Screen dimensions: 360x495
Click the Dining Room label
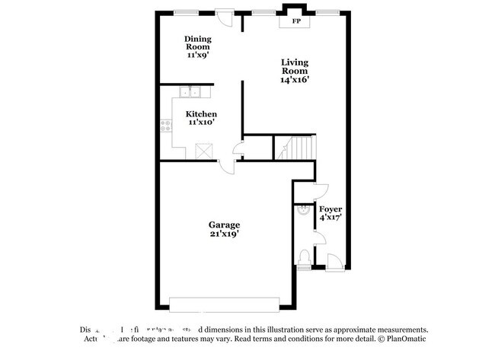pos(198,43)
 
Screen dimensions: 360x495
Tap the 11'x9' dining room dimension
pos(198,55)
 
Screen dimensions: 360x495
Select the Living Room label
pos(295,66)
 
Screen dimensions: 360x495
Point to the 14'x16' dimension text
pos(295,79)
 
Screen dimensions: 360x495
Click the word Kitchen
pos(202,113)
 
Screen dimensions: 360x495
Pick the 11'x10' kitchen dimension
pos(202,122)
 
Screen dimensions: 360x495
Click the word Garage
pos(225,225)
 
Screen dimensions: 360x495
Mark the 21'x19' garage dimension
pos(225,234)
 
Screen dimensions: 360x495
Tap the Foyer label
pos(331,209)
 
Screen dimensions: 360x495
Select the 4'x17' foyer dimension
pos(331,218)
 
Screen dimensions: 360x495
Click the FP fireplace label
pos(296,21)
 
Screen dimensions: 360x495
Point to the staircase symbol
pos(295,146)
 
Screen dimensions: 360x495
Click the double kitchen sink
pos(190,93)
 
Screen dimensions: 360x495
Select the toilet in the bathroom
pos(304,256)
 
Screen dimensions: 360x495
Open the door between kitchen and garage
pos(226,166)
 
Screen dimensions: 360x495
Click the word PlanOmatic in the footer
pos(409,339)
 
